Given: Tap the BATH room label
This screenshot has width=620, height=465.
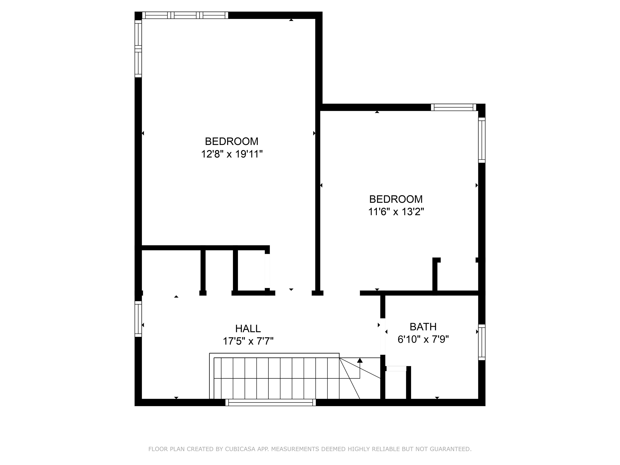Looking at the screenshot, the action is click(423, 327).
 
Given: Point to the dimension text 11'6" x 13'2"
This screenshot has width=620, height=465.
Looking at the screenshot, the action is click(396, 212).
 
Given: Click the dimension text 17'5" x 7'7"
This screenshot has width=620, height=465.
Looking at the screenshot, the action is click(248, 341).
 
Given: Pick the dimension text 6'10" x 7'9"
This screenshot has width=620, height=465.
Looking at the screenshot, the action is click(423, 339).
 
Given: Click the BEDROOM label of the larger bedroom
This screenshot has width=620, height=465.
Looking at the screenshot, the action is click(231, 141).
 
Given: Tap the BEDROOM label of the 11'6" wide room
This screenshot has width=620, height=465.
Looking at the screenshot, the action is click(396, 199).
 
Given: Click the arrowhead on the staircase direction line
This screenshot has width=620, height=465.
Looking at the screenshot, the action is click(360, 360).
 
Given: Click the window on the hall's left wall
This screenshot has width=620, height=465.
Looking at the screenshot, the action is click(138, 319).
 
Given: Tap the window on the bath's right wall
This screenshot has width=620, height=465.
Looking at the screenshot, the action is click(482, 342).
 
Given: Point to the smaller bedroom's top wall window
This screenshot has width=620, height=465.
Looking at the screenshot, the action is click(453, 107).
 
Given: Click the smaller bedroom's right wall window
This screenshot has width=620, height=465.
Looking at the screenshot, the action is click(482, 140).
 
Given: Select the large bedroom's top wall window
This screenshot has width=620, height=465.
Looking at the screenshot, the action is click(185, 15).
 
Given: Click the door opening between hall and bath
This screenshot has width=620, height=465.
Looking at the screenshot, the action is click(383, 336).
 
